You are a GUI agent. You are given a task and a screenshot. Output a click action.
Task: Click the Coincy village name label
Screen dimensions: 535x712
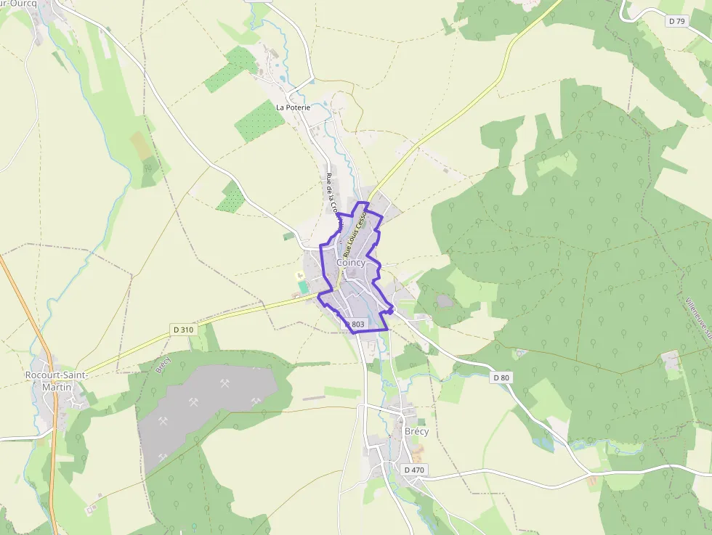[x=352, y=263]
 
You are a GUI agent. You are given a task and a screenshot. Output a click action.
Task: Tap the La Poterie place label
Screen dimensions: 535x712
[x=293, y=107]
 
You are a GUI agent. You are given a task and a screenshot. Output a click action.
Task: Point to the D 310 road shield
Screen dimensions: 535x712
[x=185, y=330]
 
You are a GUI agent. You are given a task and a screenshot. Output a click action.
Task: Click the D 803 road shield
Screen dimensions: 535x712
[x=355, y=324]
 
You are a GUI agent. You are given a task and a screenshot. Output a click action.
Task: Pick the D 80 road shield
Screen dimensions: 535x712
[x=501, y=377]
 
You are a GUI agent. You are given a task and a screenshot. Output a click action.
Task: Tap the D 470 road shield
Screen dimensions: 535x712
[x=413, y=470]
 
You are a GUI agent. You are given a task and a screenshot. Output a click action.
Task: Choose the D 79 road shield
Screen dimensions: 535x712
[x=676, y=21]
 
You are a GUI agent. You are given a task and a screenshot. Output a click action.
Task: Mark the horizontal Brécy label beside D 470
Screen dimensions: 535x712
[x=416, y=431]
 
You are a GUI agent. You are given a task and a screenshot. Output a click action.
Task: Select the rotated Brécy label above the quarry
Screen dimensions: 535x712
[x=163, y=364]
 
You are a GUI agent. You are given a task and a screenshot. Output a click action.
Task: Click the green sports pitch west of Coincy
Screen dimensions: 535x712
[x=303, y=287]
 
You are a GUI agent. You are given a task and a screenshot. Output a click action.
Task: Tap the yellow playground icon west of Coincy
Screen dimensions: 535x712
[x=299, y=275]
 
